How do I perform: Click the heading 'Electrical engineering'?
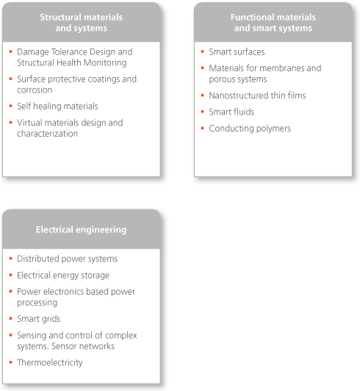[x=82, y=229]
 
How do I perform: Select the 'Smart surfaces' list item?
[x=237, y=52]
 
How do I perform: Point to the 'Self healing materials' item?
[x=57, y=107]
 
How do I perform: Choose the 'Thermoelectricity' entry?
[x=50, y=362]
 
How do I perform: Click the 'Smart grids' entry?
[x=39, y=319]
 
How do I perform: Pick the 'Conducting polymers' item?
[x=250, y=129]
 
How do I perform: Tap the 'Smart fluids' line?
[x=231, y=112]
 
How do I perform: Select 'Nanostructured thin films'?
[x=257, y=96]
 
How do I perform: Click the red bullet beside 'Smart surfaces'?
[x=203, y=51]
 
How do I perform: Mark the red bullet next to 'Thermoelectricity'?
[x=10, y=362]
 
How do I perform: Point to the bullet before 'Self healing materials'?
[x=10, y=106]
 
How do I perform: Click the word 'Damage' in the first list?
[x=32, y=52]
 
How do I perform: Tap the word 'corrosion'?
[x=35, y=90]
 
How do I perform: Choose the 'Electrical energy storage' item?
[x=63, y=276]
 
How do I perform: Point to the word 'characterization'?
[x=47, y=134]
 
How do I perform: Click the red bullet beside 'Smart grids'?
[x=10, y=318]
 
